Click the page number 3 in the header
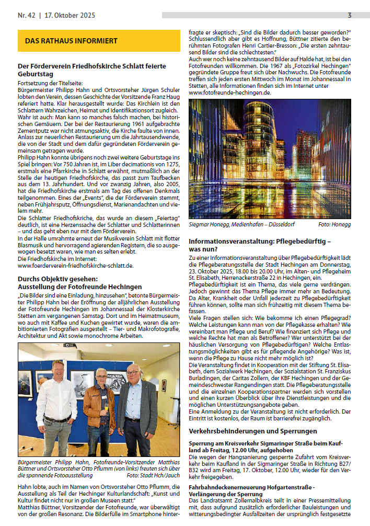click(x=349, y=15)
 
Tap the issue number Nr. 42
click(x=26, y=15)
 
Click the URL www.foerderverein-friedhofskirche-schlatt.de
click(x=75, y=265)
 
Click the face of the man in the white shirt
click(x=57, y=369)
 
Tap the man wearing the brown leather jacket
click(x=101, y=408)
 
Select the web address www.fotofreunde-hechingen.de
click(x=230, y=92)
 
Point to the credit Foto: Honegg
click(x=334, y=224)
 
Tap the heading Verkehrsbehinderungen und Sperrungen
click(x=252, y=431)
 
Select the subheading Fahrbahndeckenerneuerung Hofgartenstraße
click(x=251, y=487)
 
